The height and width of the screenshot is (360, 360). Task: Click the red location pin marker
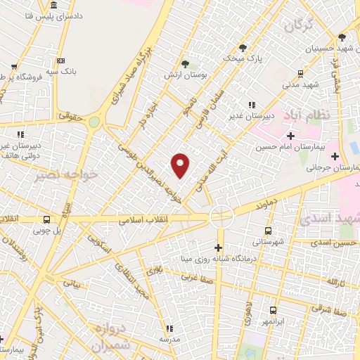(x=181, y=165)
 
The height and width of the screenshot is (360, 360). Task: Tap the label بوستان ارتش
(x=179, y=74)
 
